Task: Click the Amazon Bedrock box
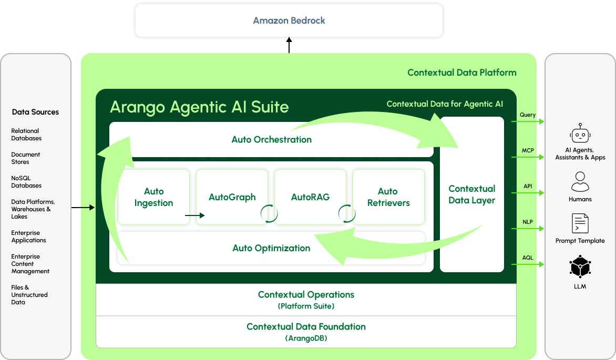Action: tap(289, 20)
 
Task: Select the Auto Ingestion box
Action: tap(153, 197)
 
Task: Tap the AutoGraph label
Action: tap(232, 197)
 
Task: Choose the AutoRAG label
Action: tap(310, 197)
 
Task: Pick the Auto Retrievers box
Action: tap(388, 197)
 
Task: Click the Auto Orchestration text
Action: tap(271, 139)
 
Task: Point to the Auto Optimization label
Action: tap(271, 248)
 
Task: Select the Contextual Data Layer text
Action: tap(472, 194)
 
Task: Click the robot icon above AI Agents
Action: tap(580, 133)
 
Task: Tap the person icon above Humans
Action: tap(580, 181)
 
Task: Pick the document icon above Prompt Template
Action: tap(580, 223)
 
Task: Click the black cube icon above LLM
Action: tap(580, 266)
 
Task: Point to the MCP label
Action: tap(528, 150)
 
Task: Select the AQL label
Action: tap(528, 258)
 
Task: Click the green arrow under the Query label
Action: tap(528, 121)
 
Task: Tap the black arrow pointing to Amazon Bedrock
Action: tap(289, 45)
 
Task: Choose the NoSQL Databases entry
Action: tap(26, 181)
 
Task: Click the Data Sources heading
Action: tap(35, 112)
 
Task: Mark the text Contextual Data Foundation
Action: tap(306, 326)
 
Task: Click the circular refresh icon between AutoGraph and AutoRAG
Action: tap(269, 214)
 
